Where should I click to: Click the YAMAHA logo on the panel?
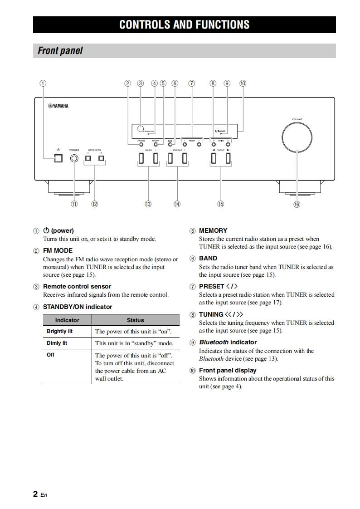58,106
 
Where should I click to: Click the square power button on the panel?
58,158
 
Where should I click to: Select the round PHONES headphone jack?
74,158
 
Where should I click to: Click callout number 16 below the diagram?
297,205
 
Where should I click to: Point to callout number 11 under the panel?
74,204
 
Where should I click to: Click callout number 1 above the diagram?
43,83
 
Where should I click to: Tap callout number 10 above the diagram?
243,83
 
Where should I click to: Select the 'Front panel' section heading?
60,51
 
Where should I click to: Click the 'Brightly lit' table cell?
59,331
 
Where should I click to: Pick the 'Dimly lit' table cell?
57,343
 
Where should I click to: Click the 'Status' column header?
135,320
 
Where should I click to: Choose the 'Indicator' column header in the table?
67,320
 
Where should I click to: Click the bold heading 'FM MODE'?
58,250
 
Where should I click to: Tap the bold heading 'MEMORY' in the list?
213,230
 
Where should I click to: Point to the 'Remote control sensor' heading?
77,286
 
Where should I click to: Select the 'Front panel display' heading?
228,370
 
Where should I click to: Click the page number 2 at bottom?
35,494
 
